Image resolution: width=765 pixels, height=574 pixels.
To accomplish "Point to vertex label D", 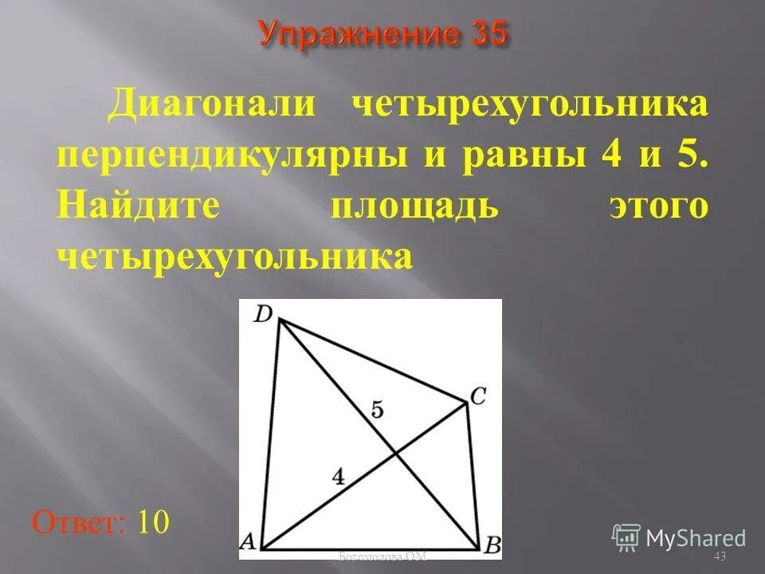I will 262,314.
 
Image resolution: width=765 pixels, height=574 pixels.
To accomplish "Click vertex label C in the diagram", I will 477,396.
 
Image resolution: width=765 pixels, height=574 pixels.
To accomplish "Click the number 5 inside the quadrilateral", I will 377,410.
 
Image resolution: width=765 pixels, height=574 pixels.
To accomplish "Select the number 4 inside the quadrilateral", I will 339,477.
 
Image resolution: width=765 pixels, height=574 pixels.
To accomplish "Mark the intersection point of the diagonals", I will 395,454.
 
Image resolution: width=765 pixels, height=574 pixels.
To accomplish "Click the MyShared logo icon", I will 626,537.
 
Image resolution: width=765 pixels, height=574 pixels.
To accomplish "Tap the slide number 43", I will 720,555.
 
